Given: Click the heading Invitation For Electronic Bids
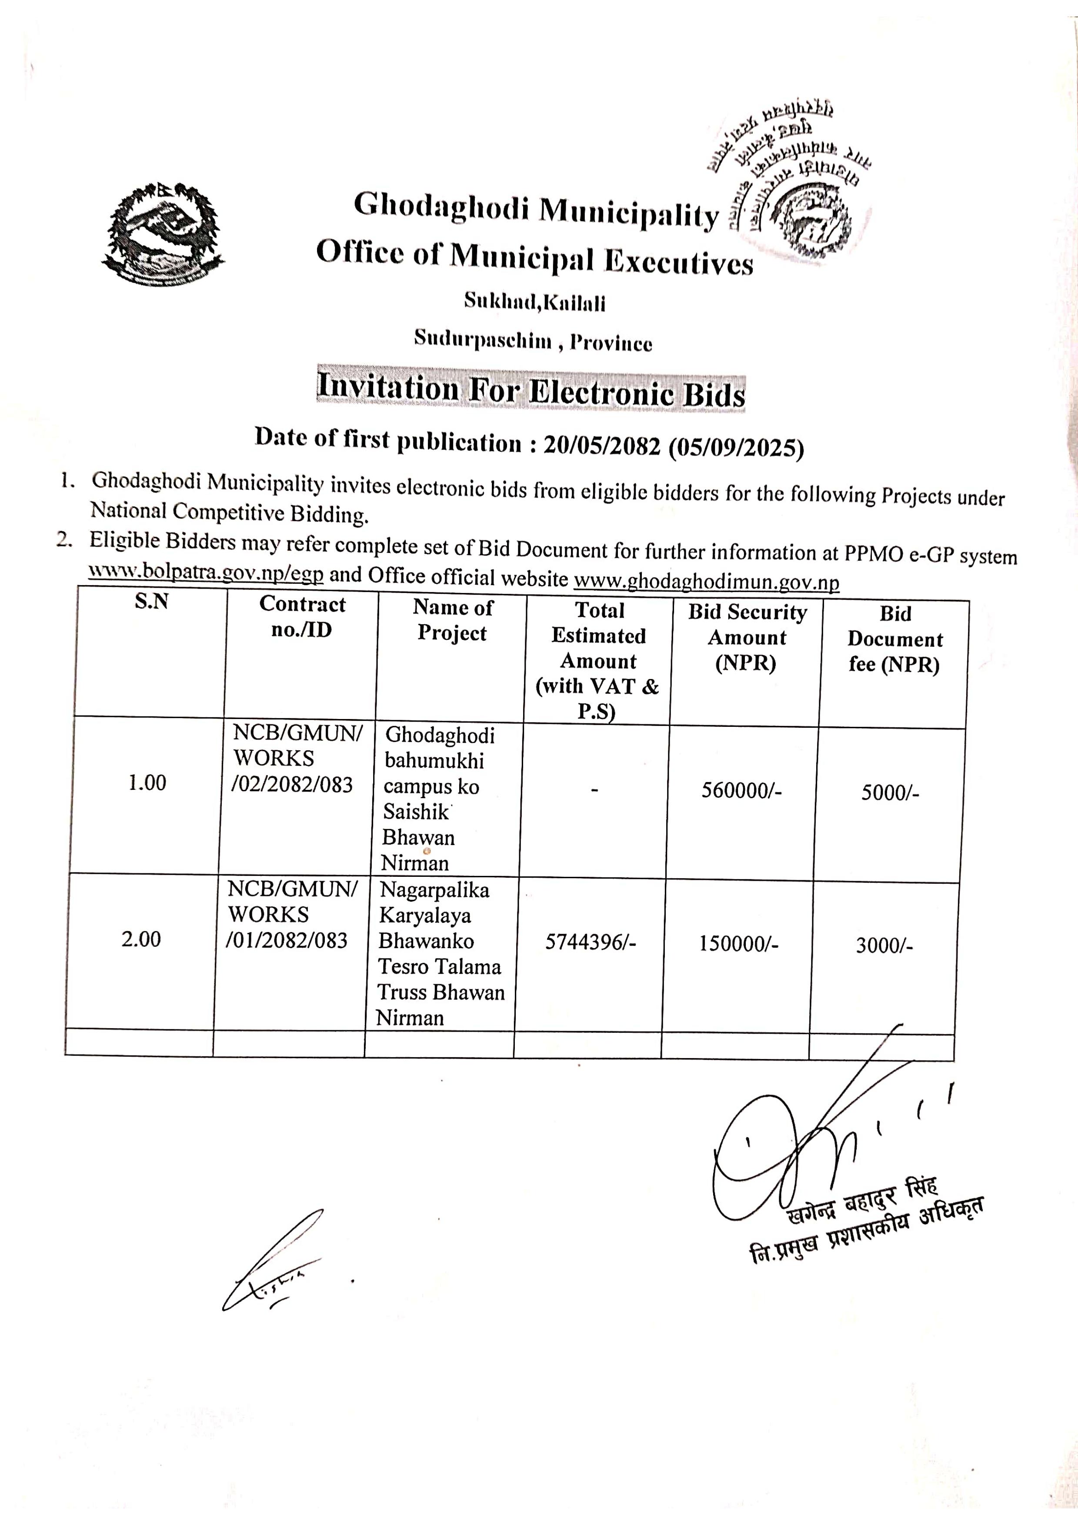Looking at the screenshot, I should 531,390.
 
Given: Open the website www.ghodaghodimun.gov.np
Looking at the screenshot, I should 706,582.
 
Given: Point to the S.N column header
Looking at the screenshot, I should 151,602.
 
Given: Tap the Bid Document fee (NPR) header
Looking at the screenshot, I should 894,639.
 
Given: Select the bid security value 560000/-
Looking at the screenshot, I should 741,791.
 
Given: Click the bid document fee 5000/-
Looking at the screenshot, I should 890,793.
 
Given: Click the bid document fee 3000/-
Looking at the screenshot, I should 884,946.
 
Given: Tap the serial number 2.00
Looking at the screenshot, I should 141,939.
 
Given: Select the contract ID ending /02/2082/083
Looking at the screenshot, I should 292,785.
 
